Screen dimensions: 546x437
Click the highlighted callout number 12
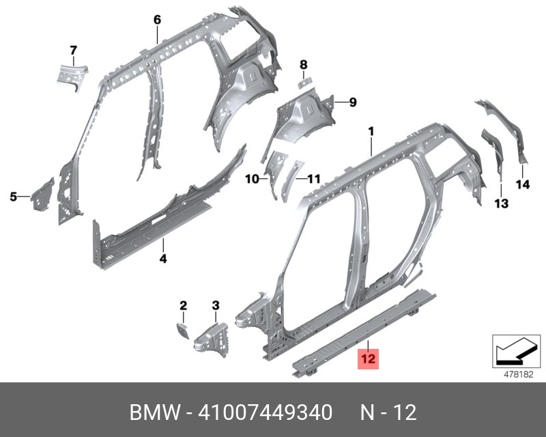click(x=368, y=358)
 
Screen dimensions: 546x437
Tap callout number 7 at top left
click(x=73, y=51)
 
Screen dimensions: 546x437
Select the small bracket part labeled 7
click(x=72, y=77)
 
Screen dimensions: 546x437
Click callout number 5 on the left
click(x=13, y=197)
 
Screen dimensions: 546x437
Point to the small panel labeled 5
click(x=42, y=195)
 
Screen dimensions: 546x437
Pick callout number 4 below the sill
click(x=163, y=258)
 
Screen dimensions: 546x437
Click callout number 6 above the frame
click(x=158, y=20)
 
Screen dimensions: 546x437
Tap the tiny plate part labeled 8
click(x=304, y=83)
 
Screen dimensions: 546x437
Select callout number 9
click(x=353, y=102)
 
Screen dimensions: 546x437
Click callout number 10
click(x=252, y=179)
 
